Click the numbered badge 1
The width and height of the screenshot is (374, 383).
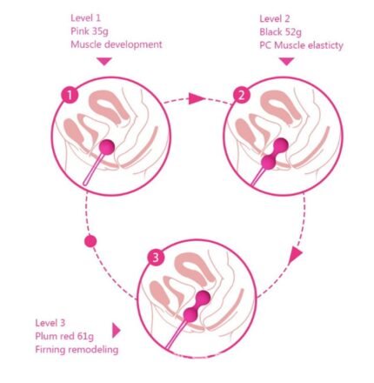(x=70, y=95)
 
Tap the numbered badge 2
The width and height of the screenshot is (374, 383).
(x=241, y=95)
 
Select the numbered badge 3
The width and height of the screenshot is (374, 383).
(x=156, y=258)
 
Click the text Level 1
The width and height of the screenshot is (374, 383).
(x=85, y=18)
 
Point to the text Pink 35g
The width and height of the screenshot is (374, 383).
(x=90, y=31)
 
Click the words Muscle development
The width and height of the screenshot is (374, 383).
(x=117, y=44)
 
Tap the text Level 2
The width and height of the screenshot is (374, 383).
(x=274, y=19)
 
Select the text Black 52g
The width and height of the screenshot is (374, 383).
(x=280, y=32)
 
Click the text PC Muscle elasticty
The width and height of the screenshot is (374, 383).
(x=301, y=45)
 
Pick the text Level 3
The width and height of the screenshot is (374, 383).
(x=50, y=323)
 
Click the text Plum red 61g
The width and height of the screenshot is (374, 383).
(x=64, y=336)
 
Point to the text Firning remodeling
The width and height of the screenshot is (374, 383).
(x=77, y=350)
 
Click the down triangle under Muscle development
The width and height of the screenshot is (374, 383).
(x=104, y=61)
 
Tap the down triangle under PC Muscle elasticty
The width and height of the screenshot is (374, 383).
(x=287, y=61)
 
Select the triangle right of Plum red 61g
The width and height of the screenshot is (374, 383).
(x=116, y=331)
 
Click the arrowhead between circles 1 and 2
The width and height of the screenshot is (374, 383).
(x=196, y=98)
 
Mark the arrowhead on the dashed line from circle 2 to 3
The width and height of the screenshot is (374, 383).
(x=296, y=255)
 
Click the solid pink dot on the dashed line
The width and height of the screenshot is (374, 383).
(x=90, y=241)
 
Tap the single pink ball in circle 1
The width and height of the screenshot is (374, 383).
(x=107, y=147)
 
